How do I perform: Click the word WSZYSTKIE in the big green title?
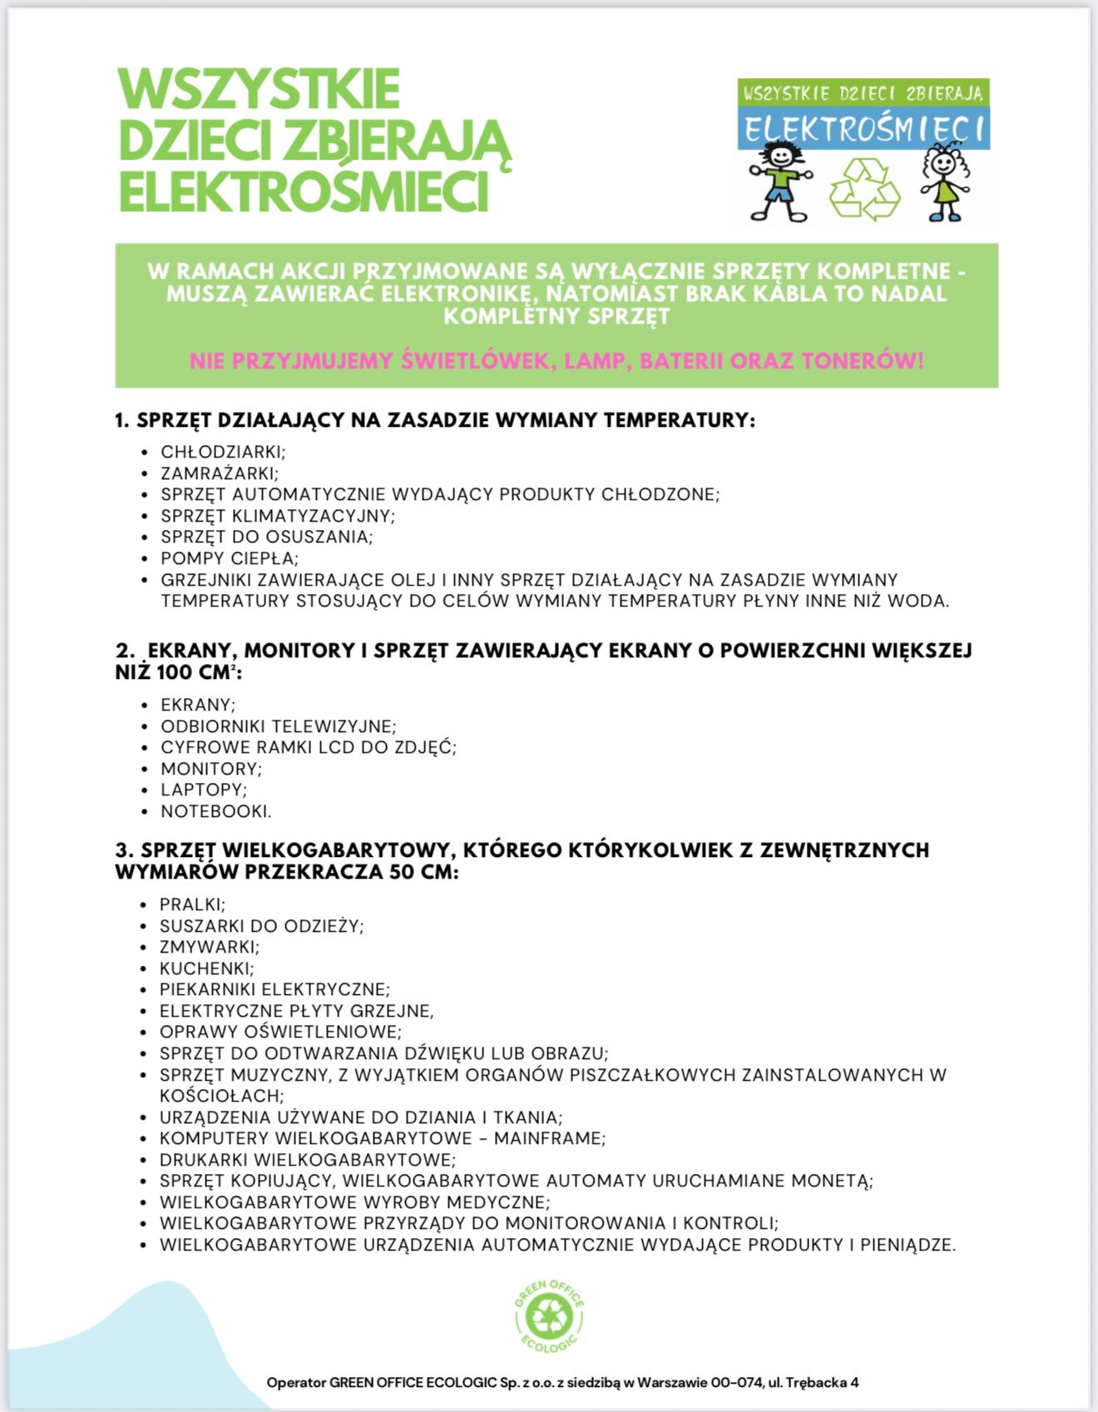click(260, 89)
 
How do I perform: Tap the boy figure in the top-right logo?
click(779, 183)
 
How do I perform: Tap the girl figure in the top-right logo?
click(945, 183)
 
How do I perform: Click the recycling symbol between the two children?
click(865, 190)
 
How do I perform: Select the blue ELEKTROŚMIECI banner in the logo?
click(863, 130)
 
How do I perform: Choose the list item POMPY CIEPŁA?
click(230, 558)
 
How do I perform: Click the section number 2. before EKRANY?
click(125, 651)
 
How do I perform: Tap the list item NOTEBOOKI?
click(215, 811)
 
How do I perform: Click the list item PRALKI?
click(192, 904)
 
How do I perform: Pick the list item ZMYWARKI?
click(209, 947)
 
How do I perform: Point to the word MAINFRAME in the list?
click(549, 1138)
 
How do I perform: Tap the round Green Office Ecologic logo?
click(549, 1316)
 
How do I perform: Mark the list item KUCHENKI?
click(206, 969)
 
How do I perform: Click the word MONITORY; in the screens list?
click(211, 769)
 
